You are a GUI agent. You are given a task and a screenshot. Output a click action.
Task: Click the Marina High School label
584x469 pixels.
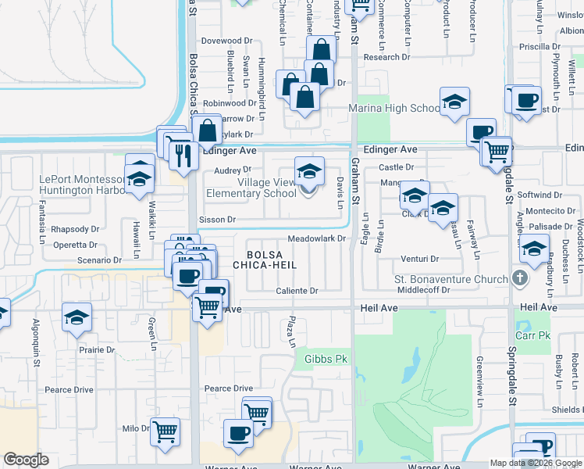point(394,109)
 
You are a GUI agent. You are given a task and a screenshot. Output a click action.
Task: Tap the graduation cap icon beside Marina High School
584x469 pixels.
point(454,102)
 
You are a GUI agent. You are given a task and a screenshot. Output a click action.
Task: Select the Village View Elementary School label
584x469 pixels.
point(251,188)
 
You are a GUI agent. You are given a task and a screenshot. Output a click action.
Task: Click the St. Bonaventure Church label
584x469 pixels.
point(451,279)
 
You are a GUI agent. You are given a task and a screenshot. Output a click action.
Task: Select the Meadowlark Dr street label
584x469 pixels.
point(316,239)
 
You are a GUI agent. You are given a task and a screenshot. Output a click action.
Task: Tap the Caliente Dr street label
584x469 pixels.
point(297,291)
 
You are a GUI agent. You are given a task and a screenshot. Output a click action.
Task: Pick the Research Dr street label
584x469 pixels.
point(386,57)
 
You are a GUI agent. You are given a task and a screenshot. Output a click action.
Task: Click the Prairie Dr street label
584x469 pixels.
point(96,350)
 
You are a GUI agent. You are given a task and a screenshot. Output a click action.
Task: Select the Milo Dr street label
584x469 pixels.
point(135,428)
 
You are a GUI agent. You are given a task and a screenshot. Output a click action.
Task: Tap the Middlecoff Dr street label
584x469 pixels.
point(424,290)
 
